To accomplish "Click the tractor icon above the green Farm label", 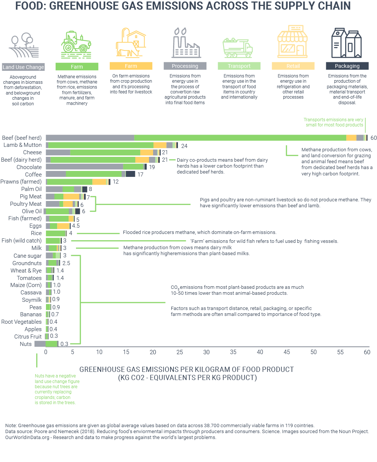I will (x=76, y=43).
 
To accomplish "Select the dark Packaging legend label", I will (x=347, y=66).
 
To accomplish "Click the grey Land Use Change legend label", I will (x=23, y=67).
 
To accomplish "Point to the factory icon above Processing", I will (x=185, y=43).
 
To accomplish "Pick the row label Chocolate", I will (x=29, y=167).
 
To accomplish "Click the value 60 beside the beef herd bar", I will (x=373, y=138).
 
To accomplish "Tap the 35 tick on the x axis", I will (x=233, y=352).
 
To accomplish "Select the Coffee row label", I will (x=33, y=174).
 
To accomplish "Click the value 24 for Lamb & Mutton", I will (x=184, y=146).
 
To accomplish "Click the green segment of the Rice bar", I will (x=56, y=233).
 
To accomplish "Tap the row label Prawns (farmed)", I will (x=21, y=182).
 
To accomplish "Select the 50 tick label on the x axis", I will (x=314, y=352).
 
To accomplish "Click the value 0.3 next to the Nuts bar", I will (x=65, y=344).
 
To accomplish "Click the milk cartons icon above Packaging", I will (x=346, y=43).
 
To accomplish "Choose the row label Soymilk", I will (x=32, y=300).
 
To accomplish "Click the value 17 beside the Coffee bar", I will (x=140, y=174).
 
